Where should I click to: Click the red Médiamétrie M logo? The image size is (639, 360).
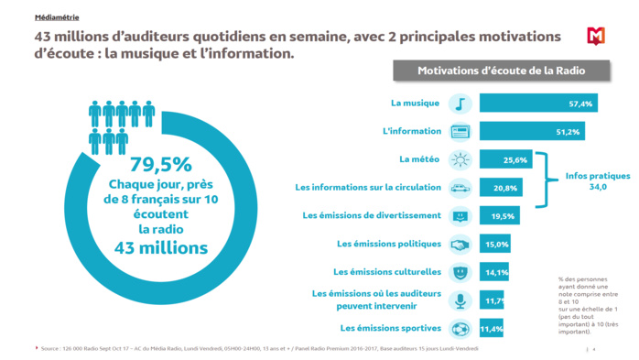597,37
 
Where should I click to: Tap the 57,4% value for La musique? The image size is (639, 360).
580,104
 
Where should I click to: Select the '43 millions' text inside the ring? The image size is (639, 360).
161,247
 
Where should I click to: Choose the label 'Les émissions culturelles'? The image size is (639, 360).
388,272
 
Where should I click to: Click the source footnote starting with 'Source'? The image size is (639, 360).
256,349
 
